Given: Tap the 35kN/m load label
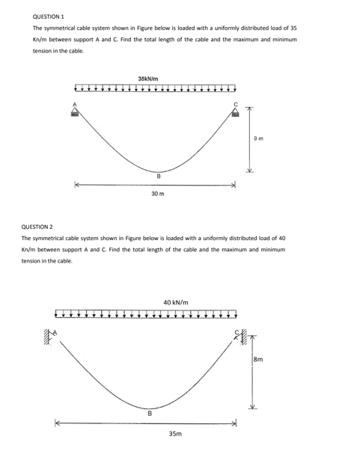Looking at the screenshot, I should point(147,78).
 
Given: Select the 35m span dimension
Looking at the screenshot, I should point(174,433).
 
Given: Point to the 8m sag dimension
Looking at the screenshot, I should point(258,361).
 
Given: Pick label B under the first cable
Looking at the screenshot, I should point(158,177).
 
